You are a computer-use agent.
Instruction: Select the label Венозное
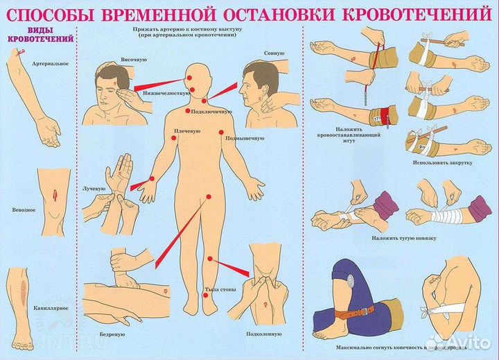tap(24, 208)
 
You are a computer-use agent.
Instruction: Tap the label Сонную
tap(274, 53)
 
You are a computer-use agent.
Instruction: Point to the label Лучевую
tap(94, 189)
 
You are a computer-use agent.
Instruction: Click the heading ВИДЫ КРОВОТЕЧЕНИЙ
tap(41, 35)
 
